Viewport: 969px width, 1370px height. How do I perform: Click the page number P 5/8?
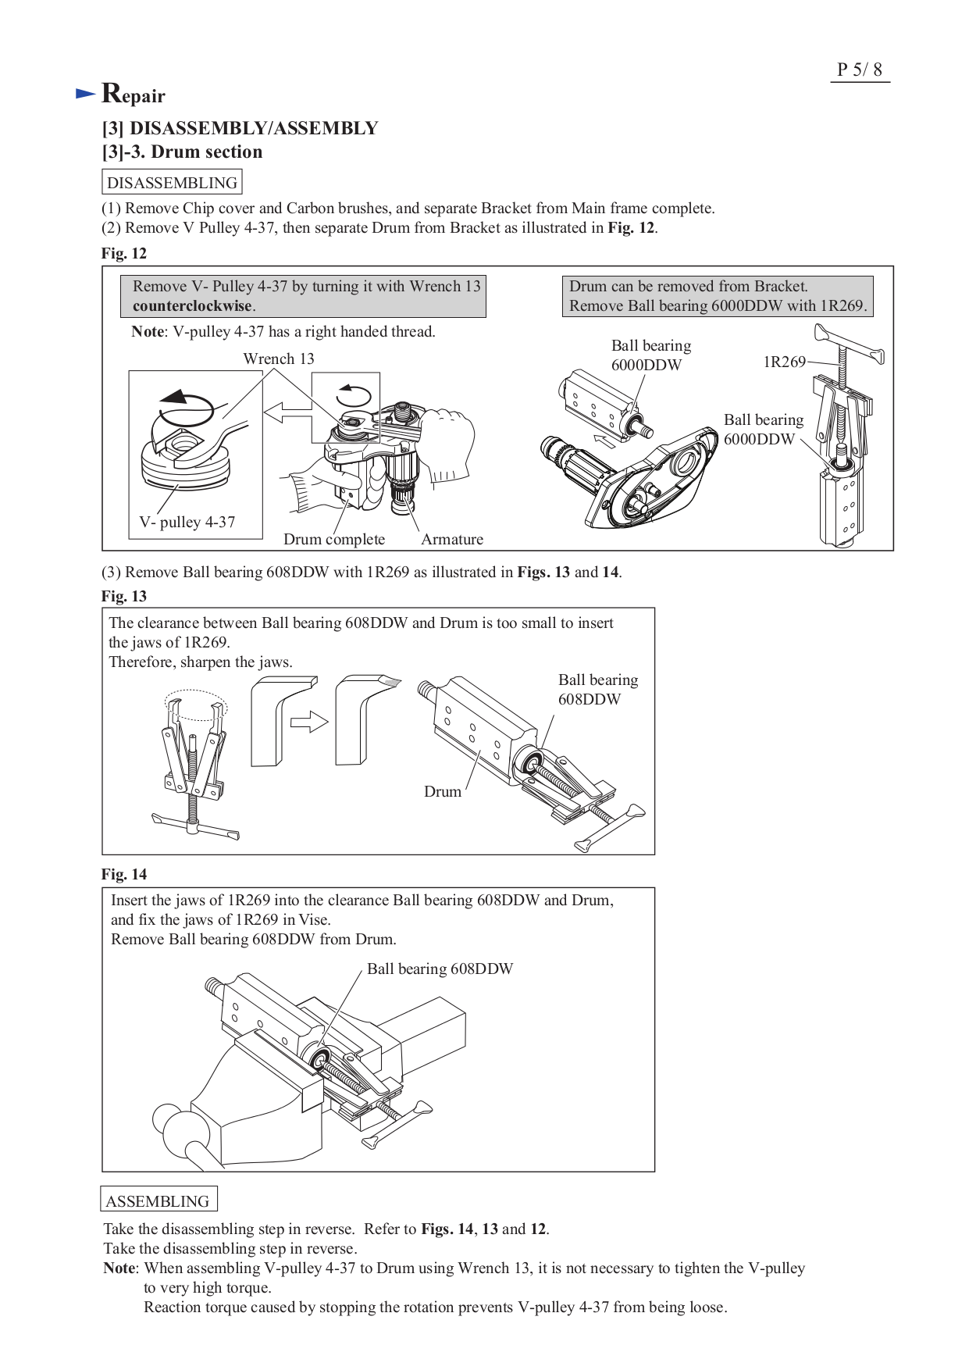click(x=859, y=70)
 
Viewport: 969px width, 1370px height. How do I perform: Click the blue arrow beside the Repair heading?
click(x=85, y=94)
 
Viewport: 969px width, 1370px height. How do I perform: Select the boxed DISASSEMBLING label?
click(x=172, y=183)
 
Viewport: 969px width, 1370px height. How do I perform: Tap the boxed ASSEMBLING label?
click(x=158, y=1201)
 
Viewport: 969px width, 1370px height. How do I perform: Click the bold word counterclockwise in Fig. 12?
click(x=192, y=306)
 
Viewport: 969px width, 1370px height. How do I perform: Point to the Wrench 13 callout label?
click(x=278, y=359)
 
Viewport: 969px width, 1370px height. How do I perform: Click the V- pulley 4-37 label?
click(x=187, y=522)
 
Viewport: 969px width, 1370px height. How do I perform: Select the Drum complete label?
click(x=333, y=539)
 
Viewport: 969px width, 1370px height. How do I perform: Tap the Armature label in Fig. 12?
click(x=451, y=539)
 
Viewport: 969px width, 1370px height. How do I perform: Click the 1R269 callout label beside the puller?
click(x=784, y=362)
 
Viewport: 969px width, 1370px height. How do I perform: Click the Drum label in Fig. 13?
click(x=442, y=791)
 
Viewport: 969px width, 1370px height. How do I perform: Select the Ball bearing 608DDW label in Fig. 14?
click(x=440, y=969)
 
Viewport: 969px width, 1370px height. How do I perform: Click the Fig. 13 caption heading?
click(x=124, y=596)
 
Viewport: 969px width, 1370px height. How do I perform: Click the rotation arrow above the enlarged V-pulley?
click(x=186, y=405)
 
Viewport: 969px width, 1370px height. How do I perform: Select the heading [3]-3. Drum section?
click(x=182, y=152)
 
